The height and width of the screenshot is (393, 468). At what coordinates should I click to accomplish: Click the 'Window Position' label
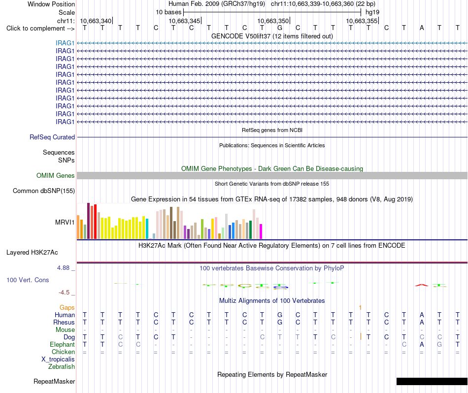[x=51, y=4]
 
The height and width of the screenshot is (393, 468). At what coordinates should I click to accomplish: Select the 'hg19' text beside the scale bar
[x=372, y=12]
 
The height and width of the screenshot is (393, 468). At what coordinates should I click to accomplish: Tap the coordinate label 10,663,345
[x=184, y=21]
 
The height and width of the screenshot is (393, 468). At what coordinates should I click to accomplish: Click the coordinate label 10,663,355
[x=362, y=21]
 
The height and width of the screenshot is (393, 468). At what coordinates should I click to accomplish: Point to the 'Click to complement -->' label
[x=40, y=29]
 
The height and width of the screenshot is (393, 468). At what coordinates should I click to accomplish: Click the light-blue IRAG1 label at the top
[x=65, y=43]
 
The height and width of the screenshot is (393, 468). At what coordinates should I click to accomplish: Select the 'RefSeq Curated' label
[x=52, y=137]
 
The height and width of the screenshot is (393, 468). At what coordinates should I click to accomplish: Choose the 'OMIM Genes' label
[x=56, y=175]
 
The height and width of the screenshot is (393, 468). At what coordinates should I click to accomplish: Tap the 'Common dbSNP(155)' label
[x=44, y=191]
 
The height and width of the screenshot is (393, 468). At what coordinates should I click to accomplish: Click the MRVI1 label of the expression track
[x=65, y=222]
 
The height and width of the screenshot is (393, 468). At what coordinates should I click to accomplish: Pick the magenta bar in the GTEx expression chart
[x=261, y=231]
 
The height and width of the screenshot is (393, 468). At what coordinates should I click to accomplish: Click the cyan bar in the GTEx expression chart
[x=147, y=229]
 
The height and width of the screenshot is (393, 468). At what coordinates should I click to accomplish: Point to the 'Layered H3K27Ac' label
[x=32, y=253]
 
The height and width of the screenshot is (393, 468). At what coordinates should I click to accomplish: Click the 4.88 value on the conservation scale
[x=63, y=268]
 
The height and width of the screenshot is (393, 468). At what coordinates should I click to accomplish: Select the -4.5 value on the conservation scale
[x=64, y=293]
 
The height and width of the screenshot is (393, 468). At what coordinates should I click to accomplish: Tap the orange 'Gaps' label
[x=67, y=307]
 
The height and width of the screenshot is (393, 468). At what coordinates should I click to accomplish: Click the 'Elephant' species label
[x=63, y=344]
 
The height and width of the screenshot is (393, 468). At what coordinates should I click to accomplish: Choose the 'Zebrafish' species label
[x=62, y=366]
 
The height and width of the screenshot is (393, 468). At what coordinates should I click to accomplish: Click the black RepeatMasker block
[x=432, y=381]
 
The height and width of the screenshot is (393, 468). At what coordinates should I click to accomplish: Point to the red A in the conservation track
[x=421, y=285]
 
